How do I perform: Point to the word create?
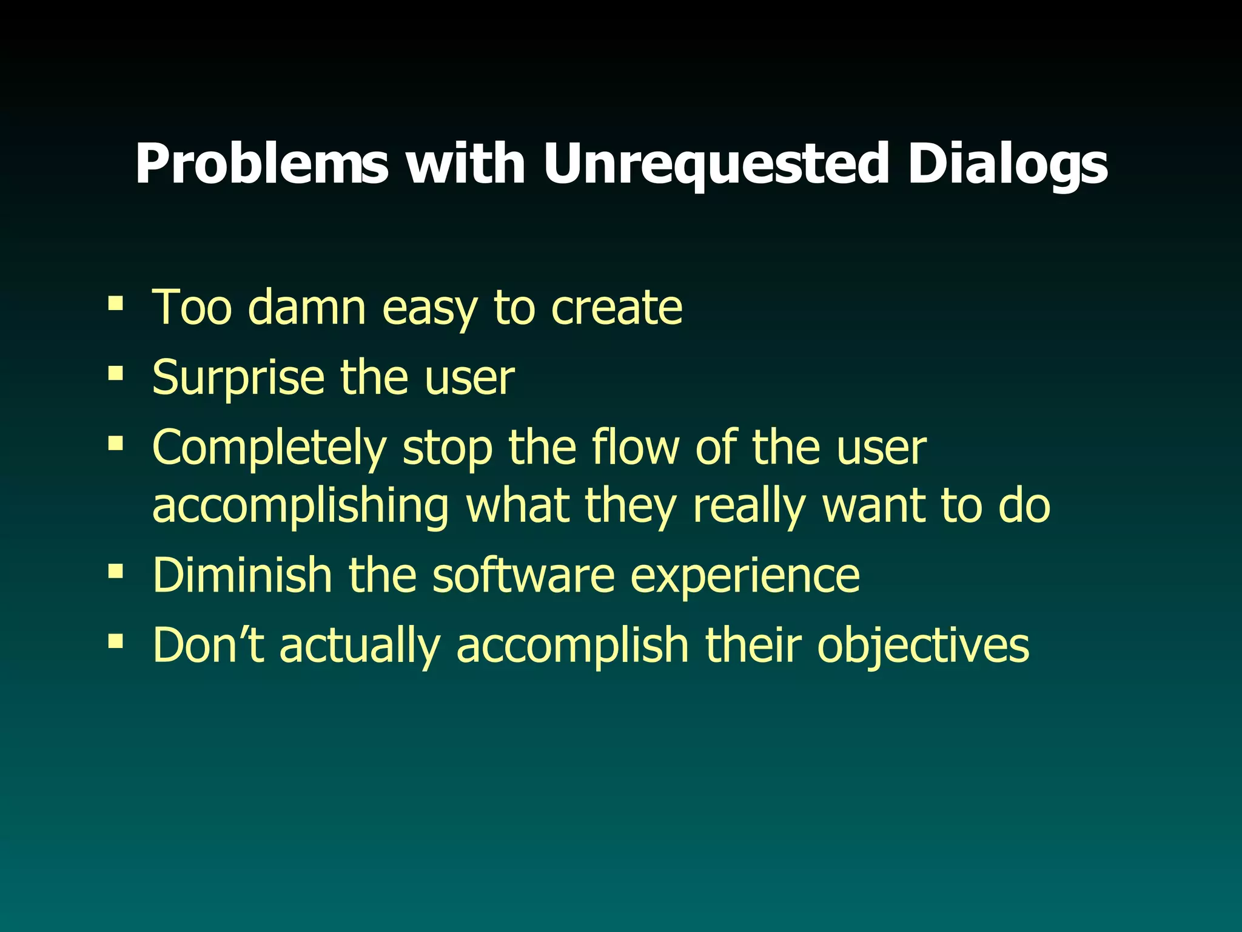tap(616, 308)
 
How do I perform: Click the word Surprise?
tap(238, 378)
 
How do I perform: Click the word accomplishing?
tap(300, 506)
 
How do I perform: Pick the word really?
tap(748, 506)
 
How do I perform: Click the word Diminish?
tap(241, 575)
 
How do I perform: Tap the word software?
tap(523, 575)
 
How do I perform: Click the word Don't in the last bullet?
tap(208, 645)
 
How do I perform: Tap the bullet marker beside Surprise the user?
tap(115, 372)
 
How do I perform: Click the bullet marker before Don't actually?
tap(115, 640)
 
